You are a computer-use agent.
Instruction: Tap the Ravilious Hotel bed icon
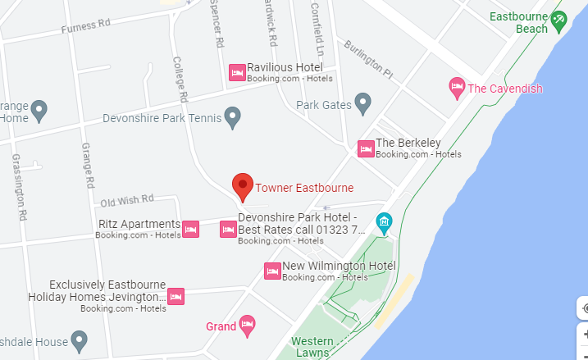coord(237,73)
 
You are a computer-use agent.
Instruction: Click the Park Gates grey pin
coord(363,103)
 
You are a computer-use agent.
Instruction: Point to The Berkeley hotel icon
coord(366,148)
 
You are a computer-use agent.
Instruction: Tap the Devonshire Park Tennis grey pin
coord(234,118)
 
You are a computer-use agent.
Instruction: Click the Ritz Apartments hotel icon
coord(190,229)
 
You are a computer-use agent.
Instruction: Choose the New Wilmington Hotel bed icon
coord(272,271)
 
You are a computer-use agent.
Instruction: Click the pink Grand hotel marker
coord(247,326)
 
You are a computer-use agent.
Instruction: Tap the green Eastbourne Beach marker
coord(559,21)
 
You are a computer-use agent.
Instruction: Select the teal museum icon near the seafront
coord(383,221)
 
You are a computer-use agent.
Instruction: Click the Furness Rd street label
coord(85,27)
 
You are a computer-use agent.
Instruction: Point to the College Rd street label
coord(180,79)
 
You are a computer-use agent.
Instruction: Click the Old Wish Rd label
coord(127,199)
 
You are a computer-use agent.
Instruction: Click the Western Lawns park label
coord(312,347)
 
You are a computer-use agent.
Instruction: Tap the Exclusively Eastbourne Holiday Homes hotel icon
coord(175,296)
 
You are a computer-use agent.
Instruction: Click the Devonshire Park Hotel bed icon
coord(229,230)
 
